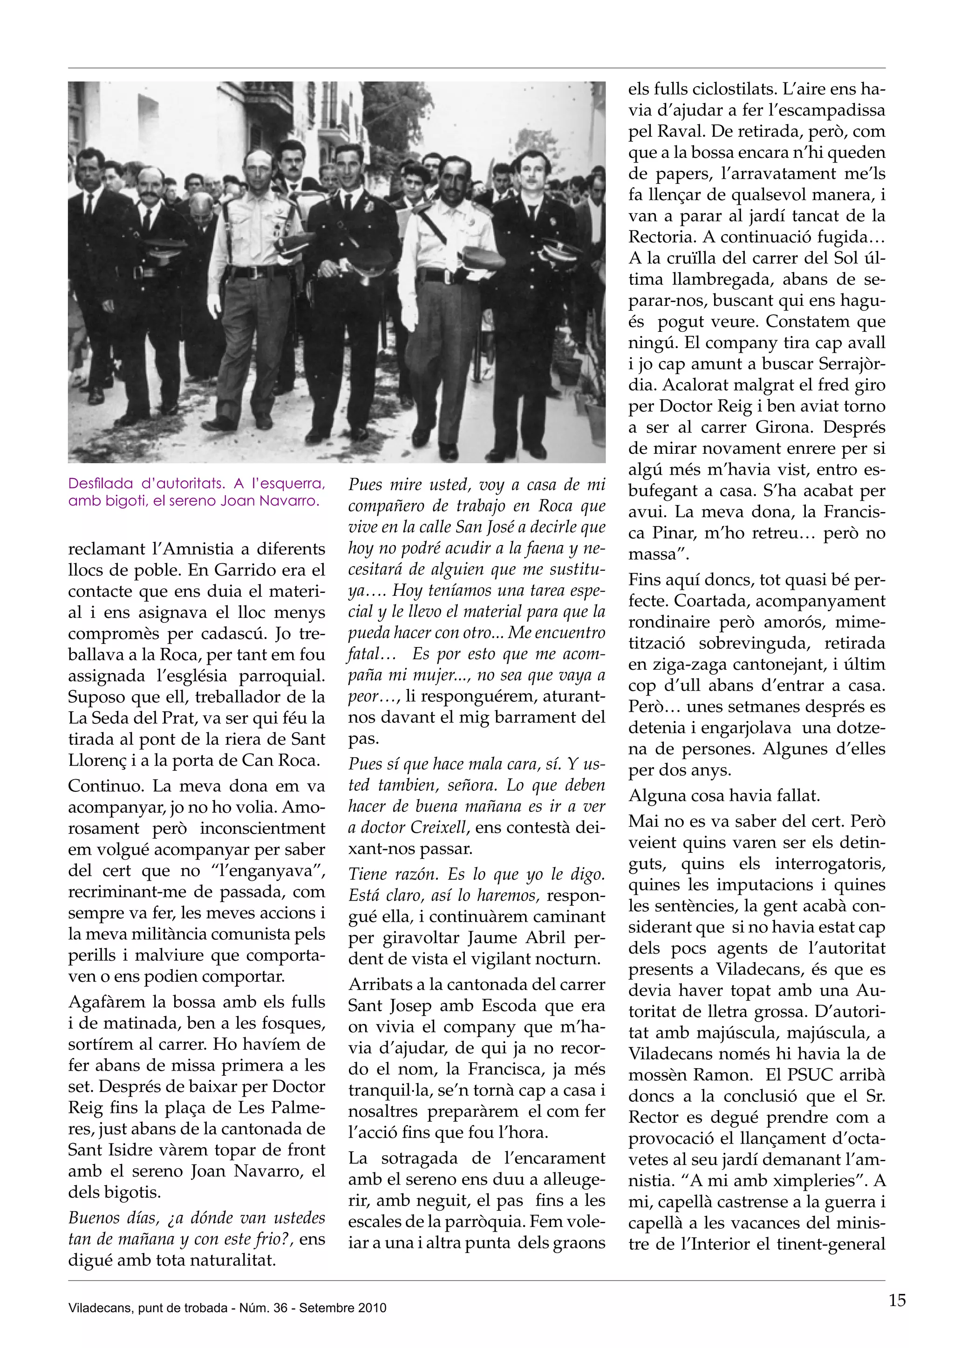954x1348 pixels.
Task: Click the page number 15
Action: coord(897,1301)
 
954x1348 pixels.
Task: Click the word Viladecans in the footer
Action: coord(94,1308)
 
